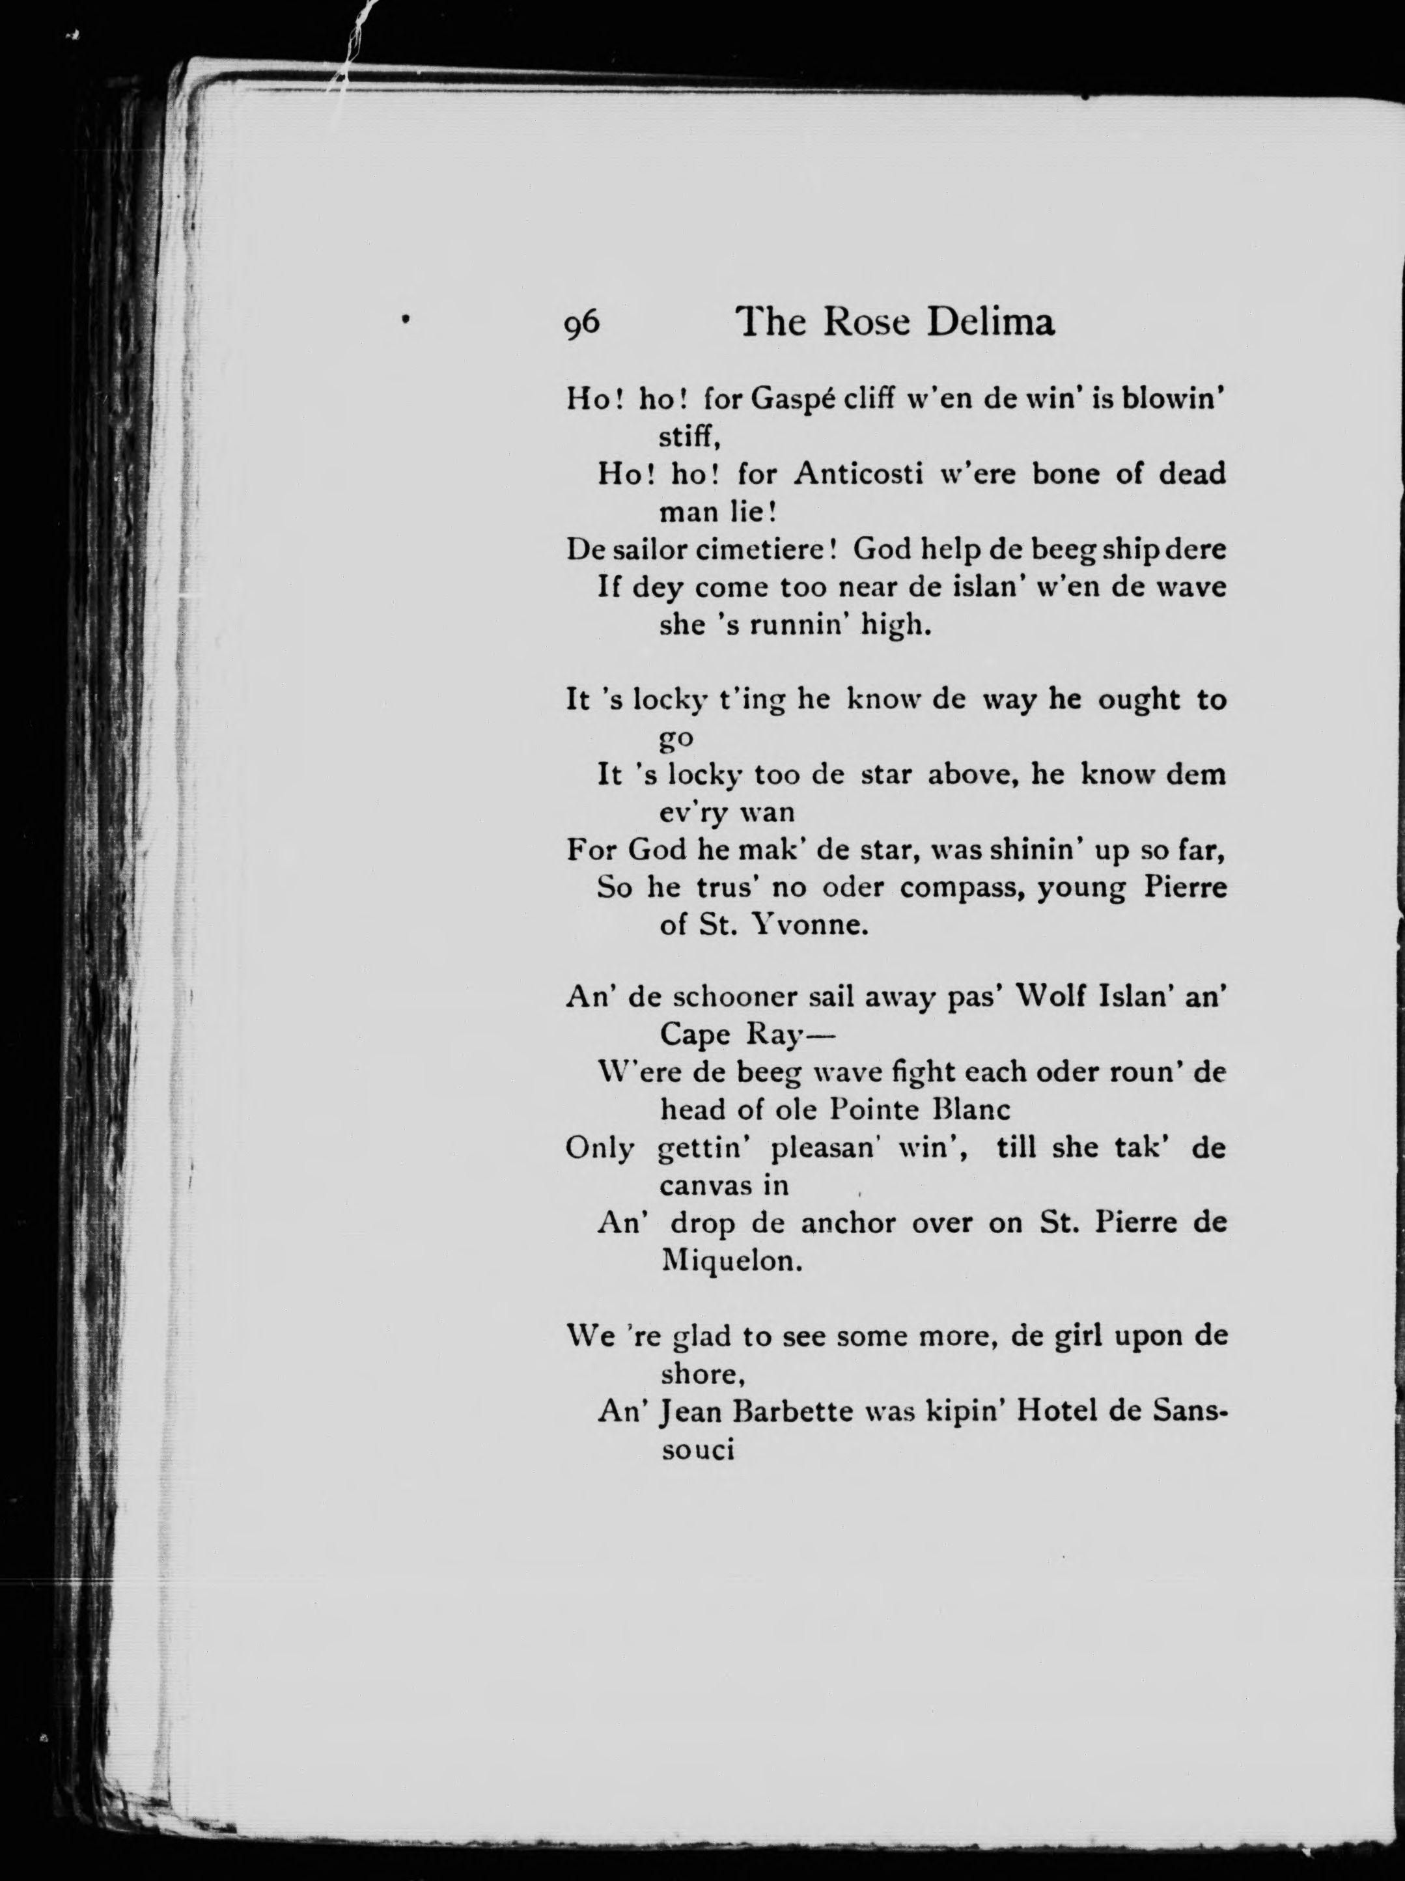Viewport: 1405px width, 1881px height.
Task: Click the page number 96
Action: (582, 324)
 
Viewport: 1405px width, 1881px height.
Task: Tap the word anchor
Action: (847, 1223)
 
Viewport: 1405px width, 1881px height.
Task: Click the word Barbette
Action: (792, 1412)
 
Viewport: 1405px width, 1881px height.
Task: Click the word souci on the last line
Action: (697, 1449)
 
